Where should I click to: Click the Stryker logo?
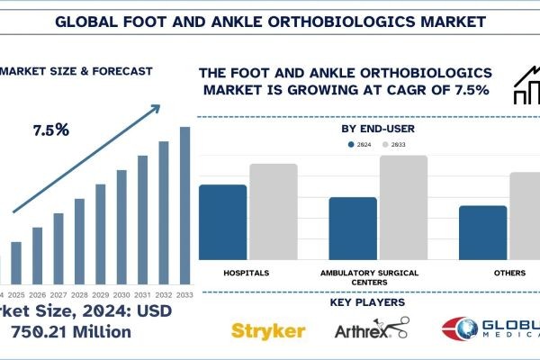(269, 329)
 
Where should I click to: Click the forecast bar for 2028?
(79, 240)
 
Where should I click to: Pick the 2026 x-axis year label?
(37, 294)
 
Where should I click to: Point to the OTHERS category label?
(508, 271)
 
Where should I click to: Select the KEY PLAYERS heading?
(371, 303)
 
